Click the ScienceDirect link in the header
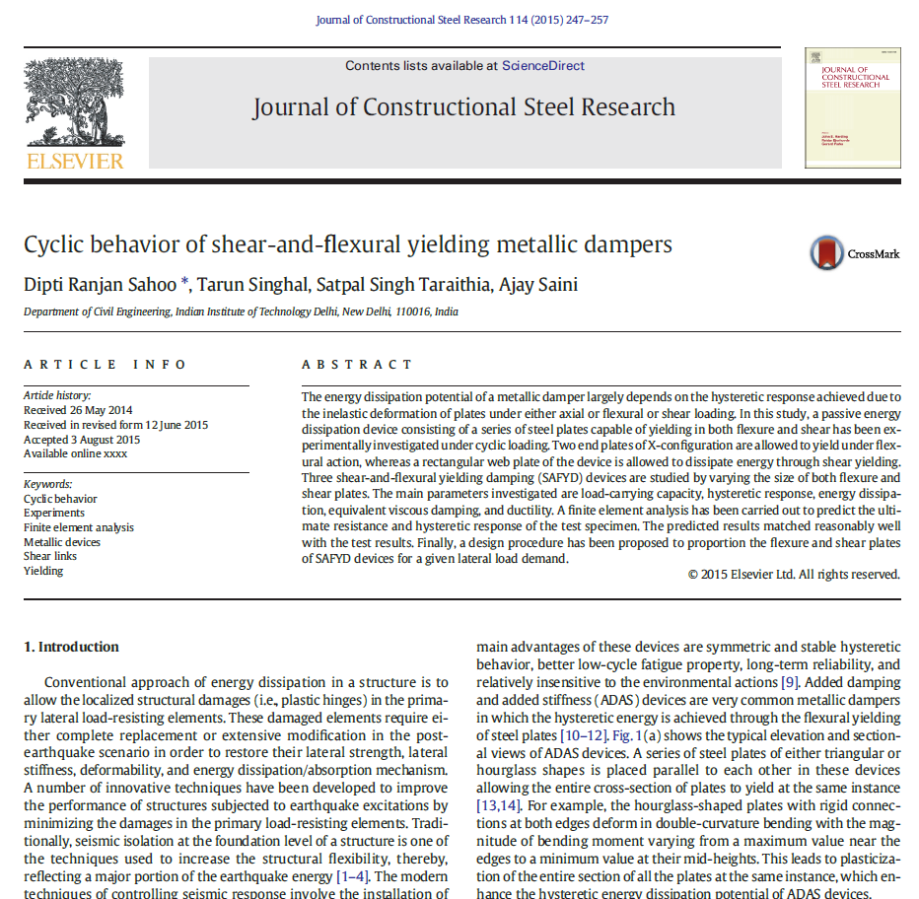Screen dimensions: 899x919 tap(542, 66)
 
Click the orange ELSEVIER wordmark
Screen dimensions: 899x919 tap(75, 161)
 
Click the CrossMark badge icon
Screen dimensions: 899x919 tap(827, 253)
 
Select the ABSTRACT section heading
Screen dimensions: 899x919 tap(357, 365)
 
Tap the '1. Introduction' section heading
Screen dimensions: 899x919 tap(71, 647)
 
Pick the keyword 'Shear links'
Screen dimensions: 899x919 tap(50, 556)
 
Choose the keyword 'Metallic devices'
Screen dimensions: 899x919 tap(62, 542)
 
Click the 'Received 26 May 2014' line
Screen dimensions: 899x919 tap(78, 410)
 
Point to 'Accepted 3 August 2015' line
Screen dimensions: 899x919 tap(82, 440)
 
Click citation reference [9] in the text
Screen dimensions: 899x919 tap(789, 682)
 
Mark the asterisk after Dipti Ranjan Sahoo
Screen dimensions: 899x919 tap(185, 284)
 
